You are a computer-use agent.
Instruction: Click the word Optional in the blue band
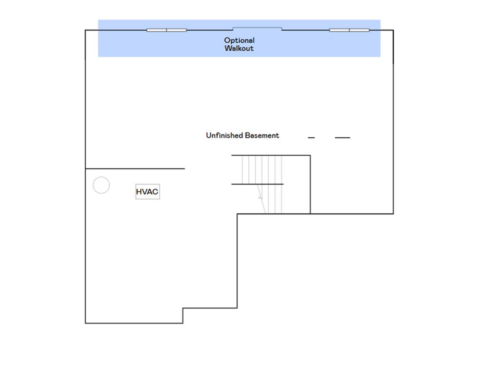(x=239, y=41)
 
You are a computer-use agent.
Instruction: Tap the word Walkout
(x=239, y=48)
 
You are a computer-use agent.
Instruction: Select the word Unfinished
(x=224, y=135)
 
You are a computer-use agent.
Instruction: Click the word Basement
(x=262, y=135)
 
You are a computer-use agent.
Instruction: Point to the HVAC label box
(x=147, y=192)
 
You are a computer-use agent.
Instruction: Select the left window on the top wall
(x=166, y=30)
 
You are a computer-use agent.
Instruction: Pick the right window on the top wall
(x=350, y=30)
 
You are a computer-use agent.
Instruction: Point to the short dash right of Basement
(x=311, y=137)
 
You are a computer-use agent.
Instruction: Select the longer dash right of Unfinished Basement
(x=342, y=137)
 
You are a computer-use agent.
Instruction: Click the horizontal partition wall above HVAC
(x=135, y=169)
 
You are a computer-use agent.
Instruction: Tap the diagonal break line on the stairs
(x=261, y=199)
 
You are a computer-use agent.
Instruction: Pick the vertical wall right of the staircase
(x=310, y=185)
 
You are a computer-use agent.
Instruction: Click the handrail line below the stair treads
(x=257, y=184)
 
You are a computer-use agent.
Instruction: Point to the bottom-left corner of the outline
(x=86, y=323)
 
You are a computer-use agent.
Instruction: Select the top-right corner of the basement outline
(x=393, y=30)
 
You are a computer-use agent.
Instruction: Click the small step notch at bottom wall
(x=183, y=316)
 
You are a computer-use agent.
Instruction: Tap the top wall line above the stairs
(x=271, y=155)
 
